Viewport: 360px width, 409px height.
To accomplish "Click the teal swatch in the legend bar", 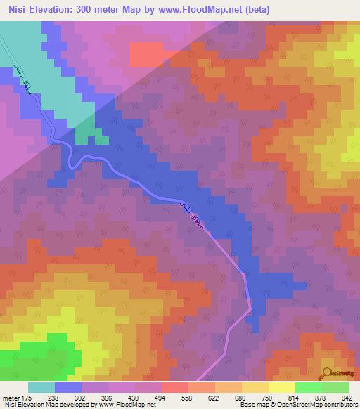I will pyautogui.click(x=41, y=387).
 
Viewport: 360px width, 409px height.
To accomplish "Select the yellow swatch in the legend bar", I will pyautogui.click(x=281, y=387).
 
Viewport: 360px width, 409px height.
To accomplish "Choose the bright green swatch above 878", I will pyautogui.click(x=308, y=387).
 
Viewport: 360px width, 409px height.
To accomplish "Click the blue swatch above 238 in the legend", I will pyautogui.click(x=68, y=387).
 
